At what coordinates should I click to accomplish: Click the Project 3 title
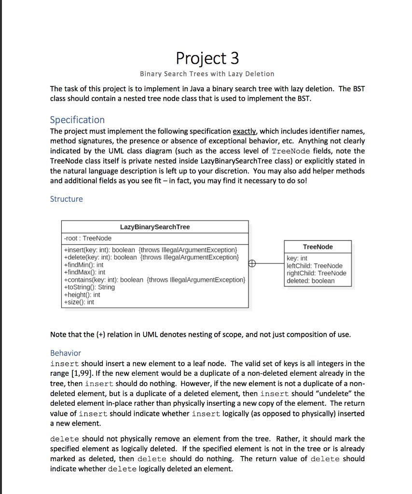(207, 58)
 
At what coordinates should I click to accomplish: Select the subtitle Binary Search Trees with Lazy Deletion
(207, 74)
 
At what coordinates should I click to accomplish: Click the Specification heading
(77, 120)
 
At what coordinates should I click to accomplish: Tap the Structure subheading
(66, 199)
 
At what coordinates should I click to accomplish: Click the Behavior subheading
(66, 353)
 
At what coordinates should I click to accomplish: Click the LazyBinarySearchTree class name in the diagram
(155, 227)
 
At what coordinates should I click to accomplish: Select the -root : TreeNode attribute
(88, 238)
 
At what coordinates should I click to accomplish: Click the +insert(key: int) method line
(151, 250)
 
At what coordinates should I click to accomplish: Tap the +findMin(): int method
(83, 265)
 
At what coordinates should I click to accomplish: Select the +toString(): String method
(89, 287)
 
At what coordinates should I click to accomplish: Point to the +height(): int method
(82, 295)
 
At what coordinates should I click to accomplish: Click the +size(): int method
(79, 302)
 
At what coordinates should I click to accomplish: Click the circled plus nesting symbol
(252, 263)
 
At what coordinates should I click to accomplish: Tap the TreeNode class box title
(317, 247)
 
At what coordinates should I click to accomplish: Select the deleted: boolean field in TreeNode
(310, 281)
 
